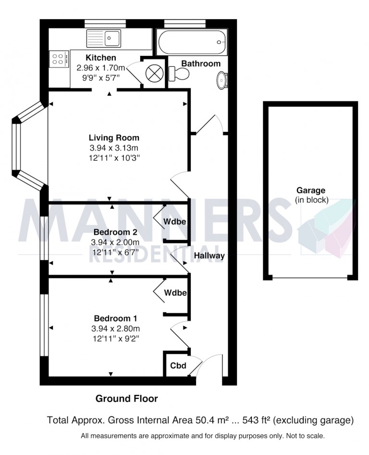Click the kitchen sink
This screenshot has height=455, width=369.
103,38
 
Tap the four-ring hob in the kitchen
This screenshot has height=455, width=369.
59,59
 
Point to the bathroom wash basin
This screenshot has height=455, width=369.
222,80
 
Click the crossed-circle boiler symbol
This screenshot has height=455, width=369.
155,72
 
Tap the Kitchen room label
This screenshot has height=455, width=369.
101,57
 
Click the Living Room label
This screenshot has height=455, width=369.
114,138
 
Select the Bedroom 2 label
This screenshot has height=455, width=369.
115,232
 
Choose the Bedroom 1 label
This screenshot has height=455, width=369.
115,318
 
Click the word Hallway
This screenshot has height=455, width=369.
209,256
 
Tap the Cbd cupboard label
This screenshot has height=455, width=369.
178,366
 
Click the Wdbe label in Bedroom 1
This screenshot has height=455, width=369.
175,292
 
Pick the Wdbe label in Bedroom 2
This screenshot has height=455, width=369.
175,221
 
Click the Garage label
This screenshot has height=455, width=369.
311,190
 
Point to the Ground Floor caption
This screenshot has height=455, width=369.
127,399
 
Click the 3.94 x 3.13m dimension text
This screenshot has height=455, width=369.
114,148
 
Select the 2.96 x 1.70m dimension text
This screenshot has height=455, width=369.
101,68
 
